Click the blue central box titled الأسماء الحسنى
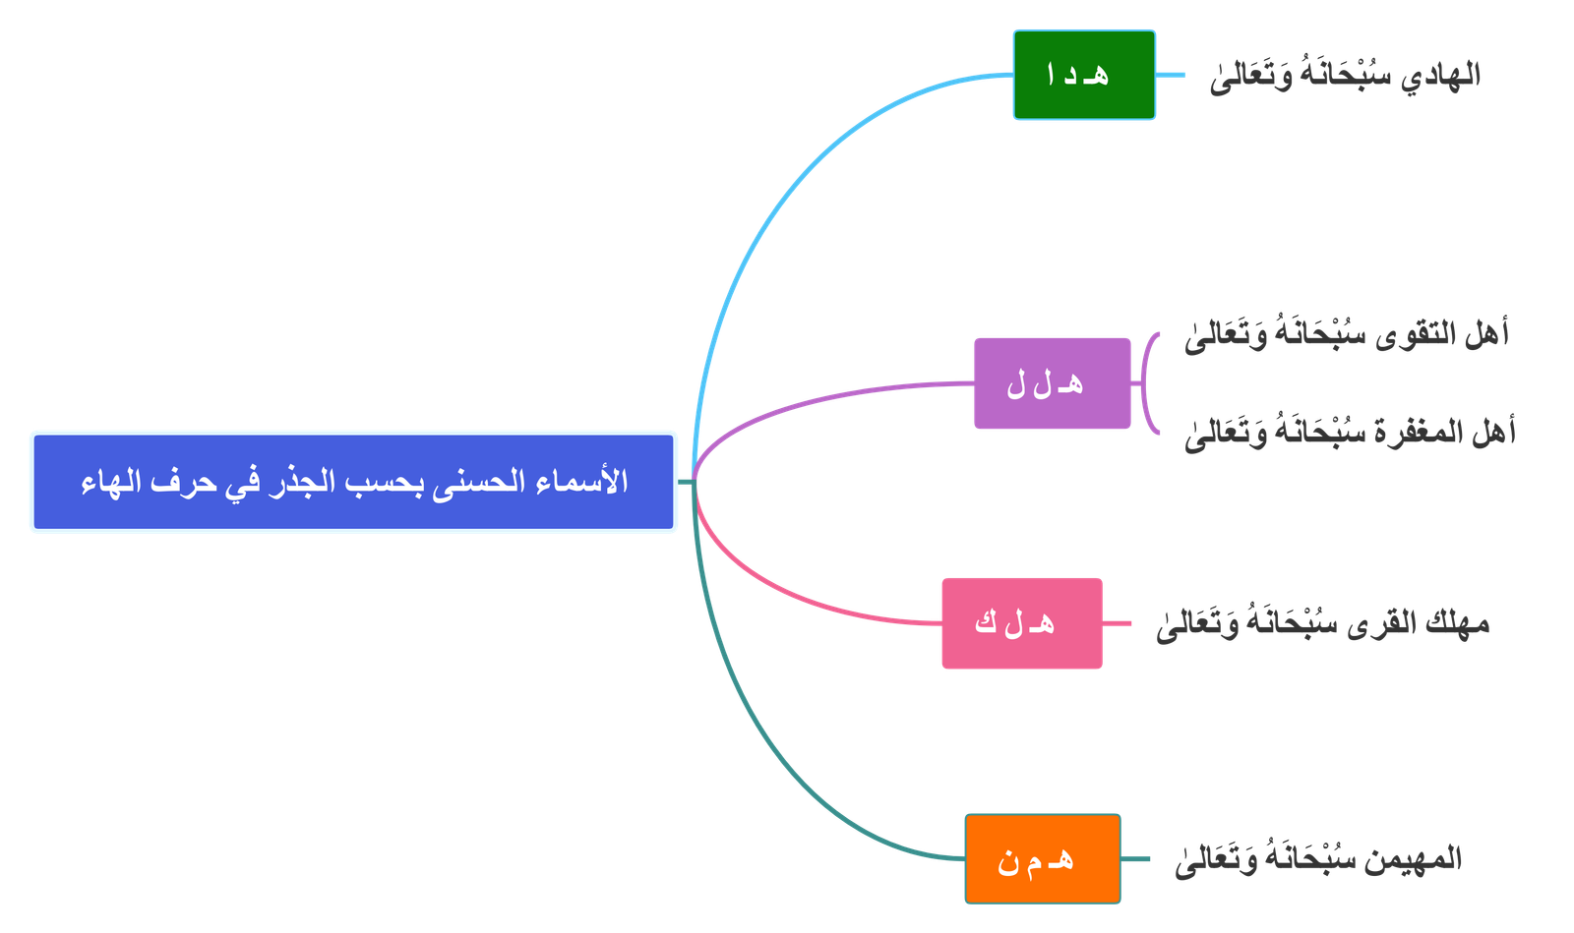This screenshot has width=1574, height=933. coord(353,482)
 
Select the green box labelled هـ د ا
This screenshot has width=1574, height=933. coord(1084,76)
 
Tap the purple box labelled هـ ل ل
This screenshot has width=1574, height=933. coord(1052,383)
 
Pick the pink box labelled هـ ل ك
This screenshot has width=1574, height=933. coord(1022,624)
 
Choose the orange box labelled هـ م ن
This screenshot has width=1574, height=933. coord(1042,859)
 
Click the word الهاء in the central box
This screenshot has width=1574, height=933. coord(108,483)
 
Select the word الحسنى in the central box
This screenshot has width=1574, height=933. coord(481,483)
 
